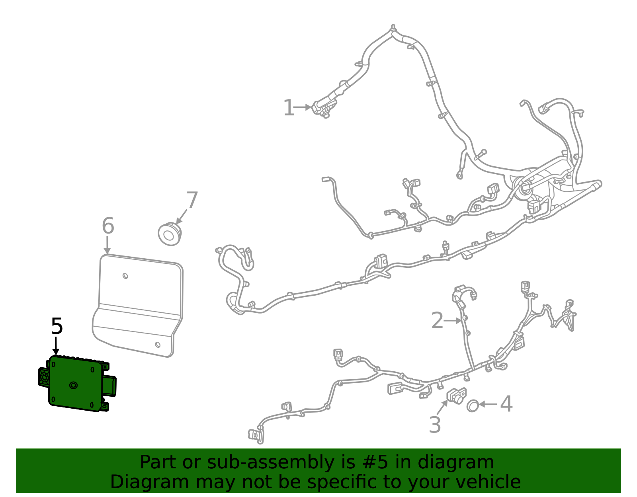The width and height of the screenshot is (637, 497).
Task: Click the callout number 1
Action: [288, 108]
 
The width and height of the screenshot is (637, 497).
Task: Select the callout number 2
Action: [437, 320]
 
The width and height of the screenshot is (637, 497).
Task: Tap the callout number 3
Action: [435, 425]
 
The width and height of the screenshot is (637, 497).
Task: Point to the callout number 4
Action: [506, 404]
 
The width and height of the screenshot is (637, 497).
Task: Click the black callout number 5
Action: [57, 326]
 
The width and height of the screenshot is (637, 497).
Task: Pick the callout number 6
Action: [108, 226]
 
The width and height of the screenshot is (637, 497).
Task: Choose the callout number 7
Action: [192, 200]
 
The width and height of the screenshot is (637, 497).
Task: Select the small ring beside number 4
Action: [473, 405]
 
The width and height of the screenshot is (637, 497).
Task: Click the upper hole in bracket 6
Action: [125, 276]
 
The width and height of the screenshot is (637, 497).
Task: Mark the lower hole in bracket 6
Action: [158, 345]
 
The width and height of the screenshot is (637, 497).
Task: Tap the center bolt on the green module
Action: [73, 385]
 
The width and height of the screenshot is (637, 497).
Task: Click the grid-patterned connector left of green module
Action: [44, 376]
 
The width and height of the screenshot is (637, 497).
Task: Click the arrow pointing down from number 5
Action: [56, 346]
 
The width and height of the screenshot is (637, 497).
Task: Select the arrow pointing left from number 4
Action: [488, 404]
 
